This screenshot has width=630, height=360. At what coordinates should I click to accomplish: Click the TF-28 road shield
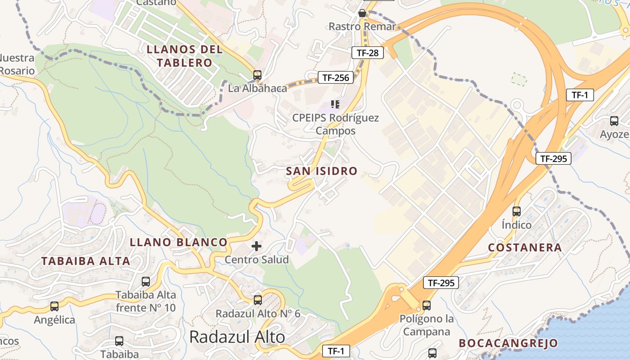click(x=367, y=53)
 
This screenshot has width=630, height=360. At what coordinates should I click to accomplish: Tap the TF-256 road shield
click(x=335, y=77)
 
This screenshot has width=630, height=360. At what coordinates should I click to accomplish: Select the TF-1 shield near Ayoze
click(x=580, y=95)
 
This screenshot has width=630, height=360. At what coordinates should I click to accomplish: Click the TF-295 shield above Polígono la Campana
click(x=441, y=283)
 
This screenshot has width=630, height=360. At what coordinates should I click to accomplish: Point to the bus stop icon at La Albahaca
click(x=257, y=75)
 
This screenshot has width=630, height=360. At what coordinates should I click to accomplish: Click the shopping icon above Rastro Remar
click(x=362, y=13)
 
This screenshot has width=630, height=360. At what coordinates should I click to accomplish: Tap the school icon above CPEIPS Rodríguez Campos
click(x=335, y=104)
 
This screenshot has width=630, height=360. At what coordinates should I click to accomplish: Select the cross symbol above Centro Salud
click(x=256, y=246)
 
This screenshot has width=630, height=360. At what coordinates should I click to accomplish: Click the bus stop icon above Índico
click(x=517, y=211)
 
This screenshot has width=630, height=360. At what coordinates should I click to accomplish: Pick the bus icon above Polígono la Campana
click(x=427, y=305)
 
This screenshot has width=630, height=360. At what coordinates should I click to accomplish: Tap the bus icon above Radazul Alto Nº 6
click(x=258, y=300)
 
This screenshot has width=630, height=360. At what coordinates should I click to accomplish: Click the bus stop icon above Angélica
click(x=54, y=306)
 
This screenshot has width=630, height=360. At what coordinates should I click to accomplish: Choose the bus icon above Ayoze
click(x=614, y=121)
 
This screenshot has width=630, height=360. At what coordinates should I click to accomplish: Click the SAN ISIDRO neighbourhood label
click(x=321, y=171)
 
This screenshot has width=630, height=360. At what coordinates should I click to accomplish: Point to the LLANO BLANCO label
click(x=178, y=242)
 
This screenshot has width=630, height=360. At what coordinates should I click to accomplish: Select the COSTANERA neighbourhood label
click(x=525, y=247)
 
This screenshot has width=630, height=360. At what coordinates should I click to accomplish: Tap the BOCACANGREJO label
click(x=508, y=343)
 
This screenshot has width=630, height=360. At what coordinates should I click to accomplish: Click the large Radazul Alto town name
click(x=237, y=337)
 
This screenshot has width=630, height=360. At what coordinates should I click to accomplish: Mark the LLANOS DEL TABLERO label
click(x=184, y=56)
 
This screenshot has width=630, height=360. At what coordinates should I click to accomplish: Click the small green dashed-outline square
click(x=519, y=79)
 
